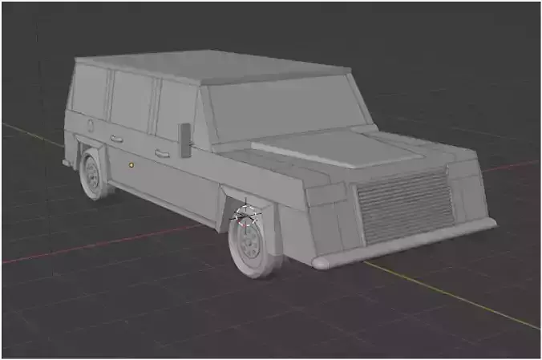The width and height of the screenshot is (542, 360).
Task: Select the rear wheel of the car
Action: point(94,176)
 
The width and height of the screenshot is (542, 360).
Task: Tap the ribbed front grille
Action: point(406,207)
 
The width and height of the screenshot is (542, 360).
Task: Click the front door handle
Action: point(162,152)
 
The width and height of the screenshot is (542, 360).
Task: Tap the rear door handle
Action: point(116,139)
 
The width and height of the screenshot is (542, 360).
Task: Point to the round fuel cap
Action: point(91,125)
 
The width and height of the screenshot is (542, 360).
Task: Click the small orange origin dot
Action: point(131,164)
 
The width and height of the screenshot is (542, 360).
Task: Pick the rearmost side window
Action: point(89,92)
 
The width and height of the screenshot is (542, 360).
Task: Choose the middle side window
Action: point(130,102)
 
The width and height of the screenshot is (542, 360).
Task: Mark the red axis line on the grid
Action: point(96,245)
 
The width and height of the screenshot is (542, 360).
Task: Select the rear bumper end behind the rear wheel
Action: point(67,162)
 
